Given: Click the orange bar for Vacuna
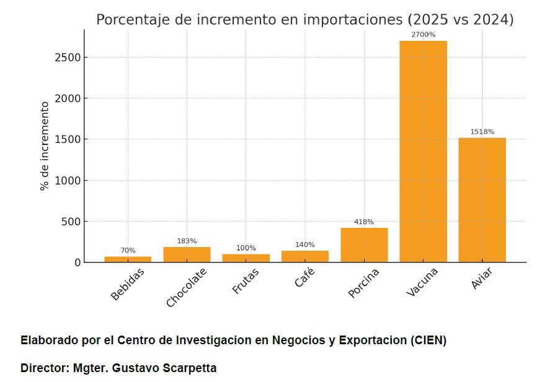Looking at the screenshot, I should click(423, 152).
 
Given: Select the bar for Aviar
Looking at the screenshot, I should click(482, 200).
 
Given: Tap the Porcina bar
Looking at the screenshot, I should click(364, 245).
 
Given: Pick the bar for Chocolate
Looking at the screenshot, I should click(187, 254).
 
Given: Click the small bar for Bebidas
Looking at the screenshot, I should click(128, 259).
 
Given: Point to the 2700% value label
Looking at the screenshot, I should click(423, 35).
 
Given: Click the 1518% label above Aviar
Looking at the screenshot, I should click(482, 132).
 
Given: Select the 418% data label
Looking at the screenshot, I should click(364, 222).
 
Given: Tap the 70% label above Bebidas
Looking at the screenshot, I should click(128, 251).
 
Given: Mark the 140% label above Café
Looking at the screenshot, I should click(305, 245).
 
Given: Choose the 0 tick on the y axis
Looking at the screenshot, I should click(77, 263).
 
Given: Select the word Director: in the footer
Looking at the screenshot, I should click(45, 368).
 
